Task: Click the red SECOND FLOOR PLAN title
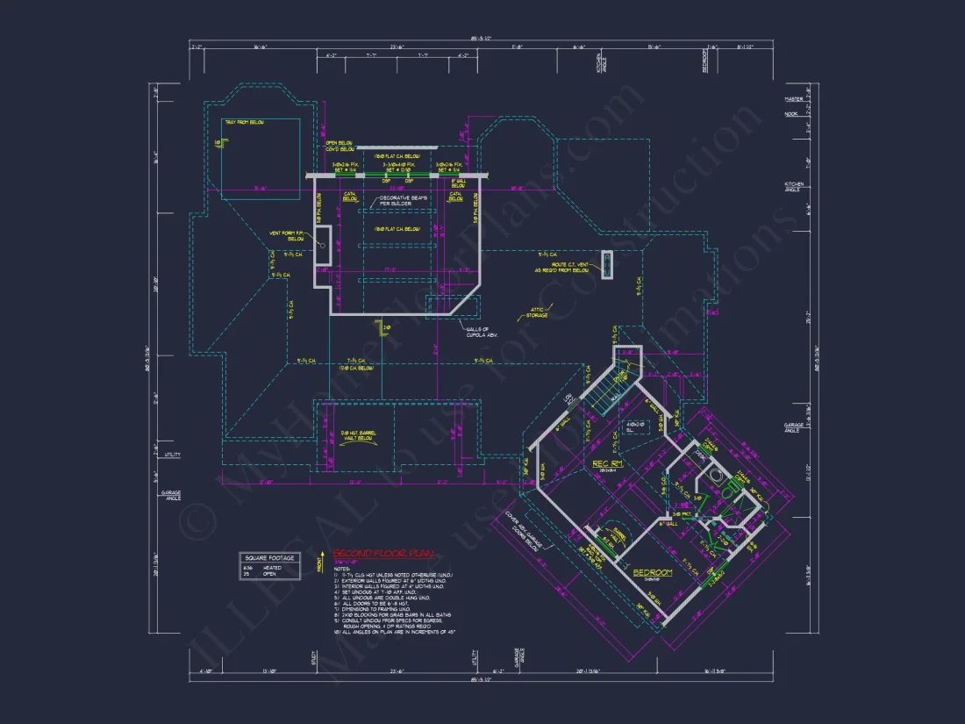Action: (378, 555)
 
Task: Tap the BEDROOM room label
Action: (653, 572)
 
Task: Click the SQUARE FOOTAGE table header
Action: (270, 558)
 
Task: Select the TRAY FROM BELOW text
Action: (242, 122)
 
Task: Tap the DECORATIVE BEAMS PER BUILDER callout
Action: (403, 201)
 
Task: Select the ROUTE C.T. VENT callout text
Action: (562, 267)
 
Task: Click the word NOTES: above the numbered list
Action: (342, 570)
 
